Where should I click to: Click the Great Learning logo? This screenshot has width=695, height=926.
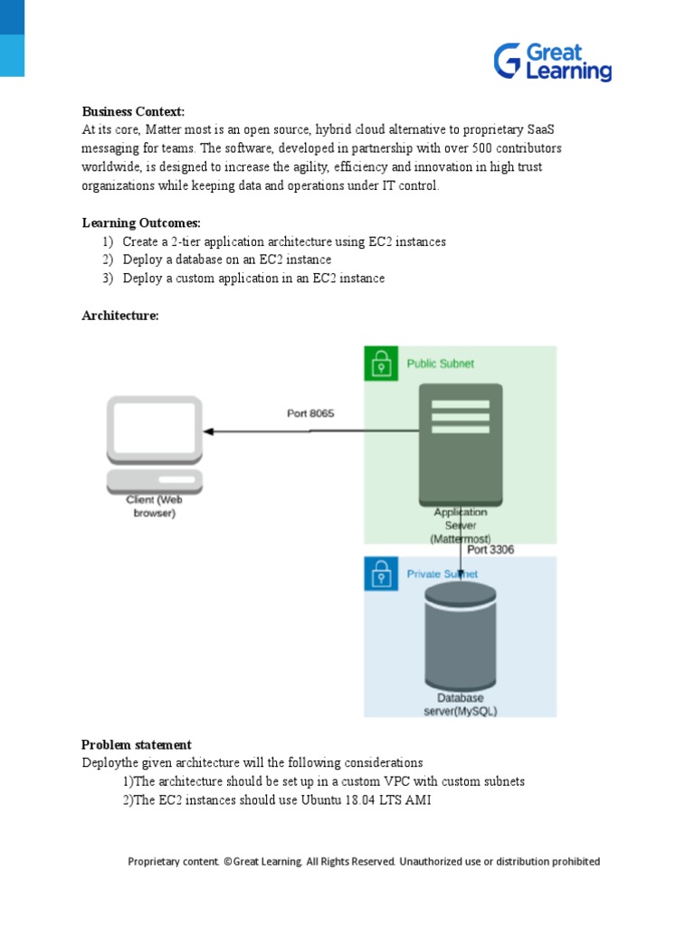pyautogui.click(x=552, y=61)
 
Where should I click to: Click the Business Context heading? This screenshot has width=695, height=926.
pyautogui.click(x=133, y=111)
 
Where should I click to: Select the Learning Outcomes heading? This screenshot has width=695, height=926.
pyautogui.click(x=141, y=222)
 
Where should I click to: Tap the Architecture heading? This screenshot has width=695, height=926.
pyautogui.click(x=120, y=316)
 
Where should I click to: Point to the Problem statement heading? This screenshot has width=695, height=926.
pyautogui.click(x=137, y=745)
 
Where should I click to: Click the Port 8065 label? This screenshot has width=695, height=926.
pyautogui.click(x=310, y=413)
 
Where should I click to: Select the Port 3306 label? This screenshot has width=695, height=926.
pyautogui.click(x=490, y=549)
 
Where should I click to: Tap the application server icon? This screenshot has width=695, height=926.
pyautogui.click(x=461, y=443)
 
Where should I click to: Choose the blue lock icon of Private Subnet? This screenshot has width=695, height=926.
pyautogui.click(x=381, y=574)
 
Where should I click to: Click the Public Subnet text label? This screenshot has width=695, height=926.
pyautogui.click(x=440, y=364)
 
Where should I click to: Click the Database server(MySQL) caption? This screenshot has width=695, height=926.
pyautogui.click(x=461, y=704)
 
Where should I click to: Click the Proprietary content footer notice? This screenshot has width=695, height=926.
pyautogui.click(x=364, y=862)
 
